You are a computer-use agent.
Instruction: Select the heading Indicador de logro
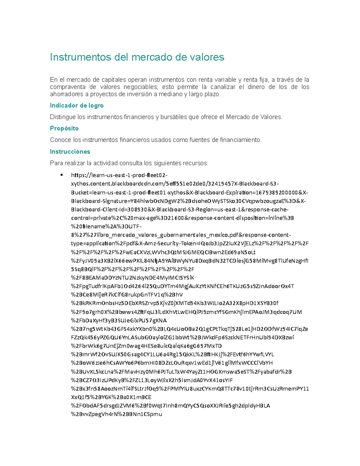(76, 106)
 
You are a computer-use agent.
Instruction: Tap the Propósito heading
(64, 128)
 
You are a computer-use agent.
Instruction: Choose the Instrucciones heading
(70, 152)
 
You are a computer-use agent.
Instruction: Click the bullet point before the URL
(61, 175)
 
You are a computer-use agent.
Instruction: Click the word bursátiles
(173, 117)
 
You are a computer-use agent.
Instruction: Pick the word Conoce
(61, 140)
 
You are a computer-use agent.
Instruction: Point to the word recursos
(195, 163)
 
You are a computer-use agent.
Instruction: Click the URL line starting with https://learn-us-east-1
(119, 175)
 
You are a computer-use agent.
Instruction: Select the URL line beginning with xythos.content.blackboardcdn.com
(175, 184)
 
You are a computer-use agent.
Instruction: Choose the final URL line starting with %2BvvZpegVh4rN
(116, 414)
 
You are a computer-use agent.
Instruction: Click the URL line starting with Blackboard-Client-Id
(180, 209)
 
